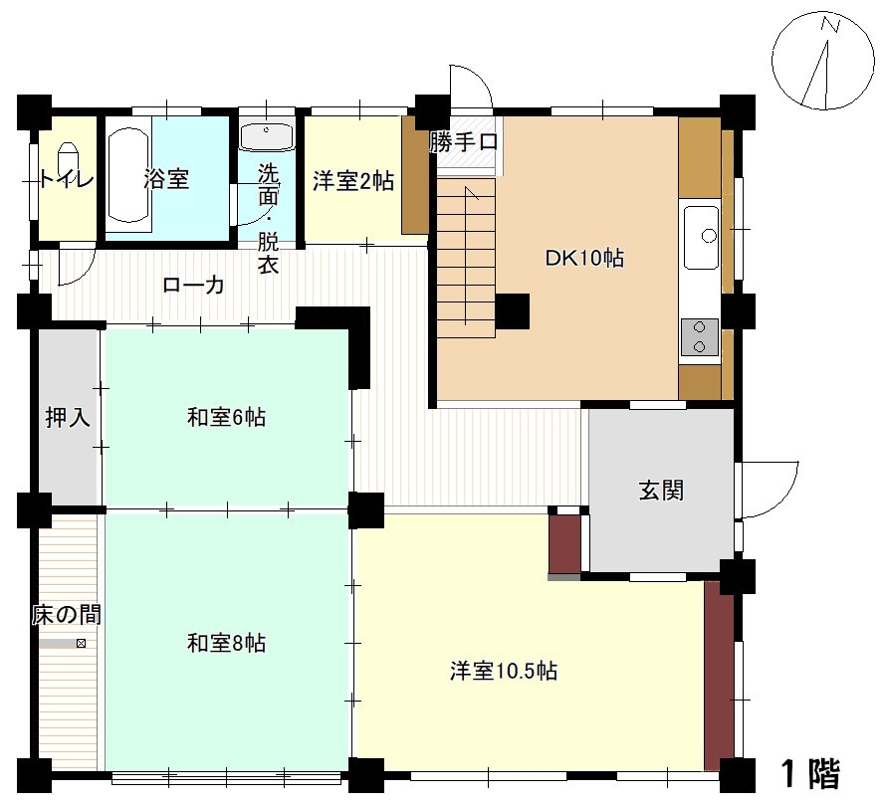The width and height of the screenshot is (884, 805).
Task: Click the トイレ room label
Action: tap(67, 180)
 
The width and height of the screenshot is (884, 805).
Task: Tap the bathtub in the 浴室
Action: tap(128, 175)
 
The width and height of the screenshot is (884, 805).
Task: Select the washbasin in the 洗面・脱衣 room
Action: tap(267, 137)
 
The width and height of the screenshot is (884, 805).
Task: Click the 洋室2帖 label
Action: tap(353, 181)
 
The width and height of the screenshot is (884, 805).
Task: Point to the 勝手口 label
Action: tap(464, 141)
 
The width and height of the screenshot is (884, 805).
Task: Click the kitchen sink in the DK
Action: tap(701, 237)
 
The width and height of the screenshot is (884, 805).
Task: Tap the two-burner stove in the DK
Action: tap(700, 337)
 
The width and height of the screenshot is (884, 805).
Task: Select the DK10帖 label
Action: tap(584, 259)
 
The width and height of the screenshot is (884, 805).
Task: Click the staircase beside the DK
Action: tap(466, 258)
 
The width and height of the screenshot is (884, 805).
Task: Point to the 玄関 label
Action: tap(661, 491)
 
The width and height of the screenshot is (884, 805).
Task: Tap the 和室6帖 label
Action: tap(226, 418)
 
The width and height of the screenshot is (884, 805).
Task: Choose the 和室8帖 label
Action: tap(226, 643)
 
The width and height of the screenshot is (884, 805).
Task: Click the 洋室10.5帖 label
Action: tap(504, 671)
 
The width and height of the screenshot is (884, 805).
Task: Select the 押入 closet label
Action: tap(68, 418)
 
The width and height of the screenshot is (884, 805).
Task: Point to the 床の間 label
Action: tap(67, 615)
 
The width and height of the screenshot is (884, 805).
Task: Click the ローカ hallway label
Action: tap(193, 285)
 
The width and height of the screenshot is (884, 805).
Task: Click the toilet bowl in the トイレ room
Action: tap(67, 159)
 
